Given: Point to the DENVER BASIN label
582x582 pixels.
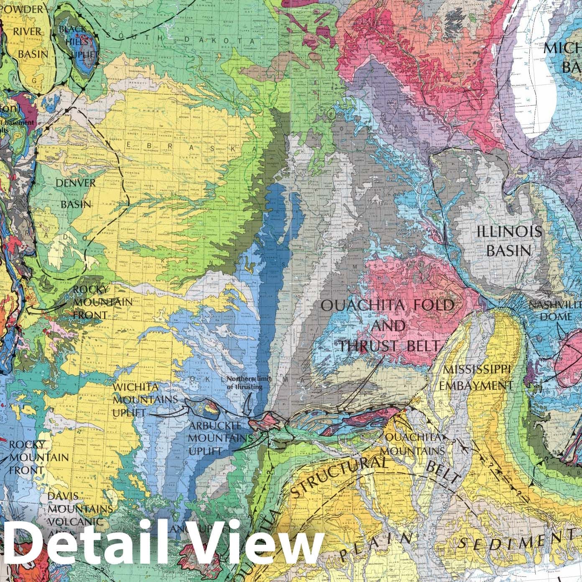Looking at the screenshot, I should click(75, 193).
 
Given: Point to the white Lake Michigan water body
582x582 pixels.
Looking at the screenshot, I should click(539, 105).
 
